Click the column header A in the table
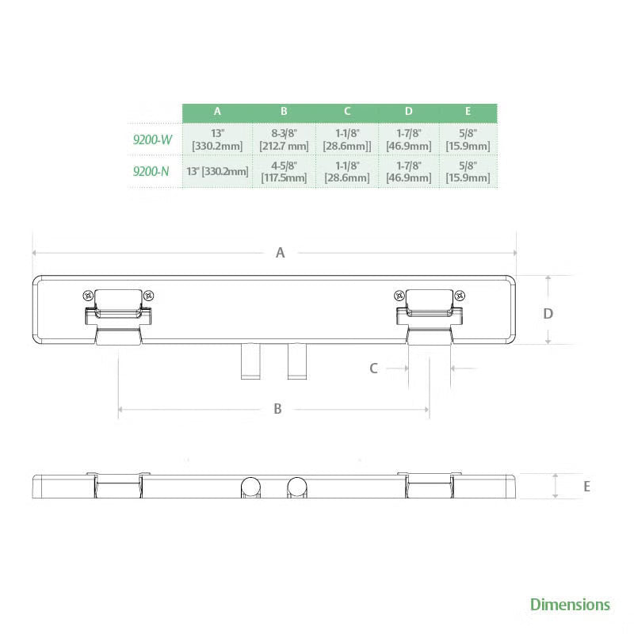click(x=217, y=113)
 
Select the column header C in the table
click(x=347, y=113)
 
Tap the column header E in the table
click(x=468, y=113)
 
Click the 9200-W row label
click(x=152, y=140)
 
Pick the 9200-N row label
click(x=152, y=171)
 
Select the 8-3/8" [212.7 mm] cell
click(x=284, y=140)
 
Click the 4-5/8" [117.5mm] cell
click(x=284, y=172)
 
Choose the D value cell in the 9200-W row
click(x=408, y=140)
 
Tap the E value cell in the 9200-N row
click(x=468, y=172)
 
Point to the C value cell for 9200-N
click(x=347, y=172)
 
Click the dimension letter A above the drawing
click(x=280, y=253)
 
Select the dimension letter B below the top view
click(x=277, y=409)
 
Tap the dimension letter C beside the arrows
click(x=374, y=368)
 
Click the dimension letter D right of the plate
click(x=548, y=314)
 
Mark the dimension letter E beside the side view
click(x=586, y=487)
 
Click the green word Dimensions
click(x=570, y=605)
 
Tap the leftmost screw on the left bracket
click(x=89, y=295)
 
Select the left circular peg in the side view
click(x=252, y=487)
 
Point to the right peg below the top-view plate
click(x=297, y=361)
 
